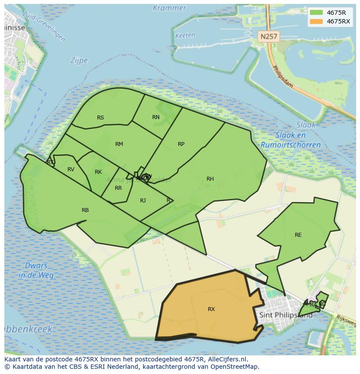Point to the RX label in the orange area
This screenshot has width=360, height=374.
[211, 309]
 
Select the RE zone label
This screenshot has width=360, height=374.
[298, 235]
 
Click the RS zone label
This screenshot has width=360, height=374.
[100, 118]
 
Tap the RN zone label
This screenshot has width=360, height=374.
[156, 117]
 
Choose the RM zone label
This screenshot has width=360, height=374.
[119, 144]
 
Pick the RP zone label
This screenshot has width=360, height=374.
[181, 144]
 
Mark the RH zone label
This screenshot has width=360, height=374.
[210, 179]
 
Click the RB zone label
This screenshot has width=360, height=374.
[85, 210]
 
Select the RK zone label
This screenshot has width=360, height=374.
[98, 172]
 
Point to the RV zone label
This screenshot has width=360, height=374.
[71, 169]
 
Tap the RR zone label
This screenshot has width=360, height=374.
[118, 189]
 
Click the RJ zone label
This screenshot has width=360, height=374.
[143, 201]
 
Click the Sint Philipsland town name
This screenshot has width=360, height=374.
[286, 315]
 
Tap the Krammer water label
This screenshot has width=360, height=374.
[169, 8]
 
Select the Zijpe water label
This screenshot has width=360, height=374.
[79, 61]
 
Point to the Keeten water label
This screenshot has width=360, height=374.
[185, 36]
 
